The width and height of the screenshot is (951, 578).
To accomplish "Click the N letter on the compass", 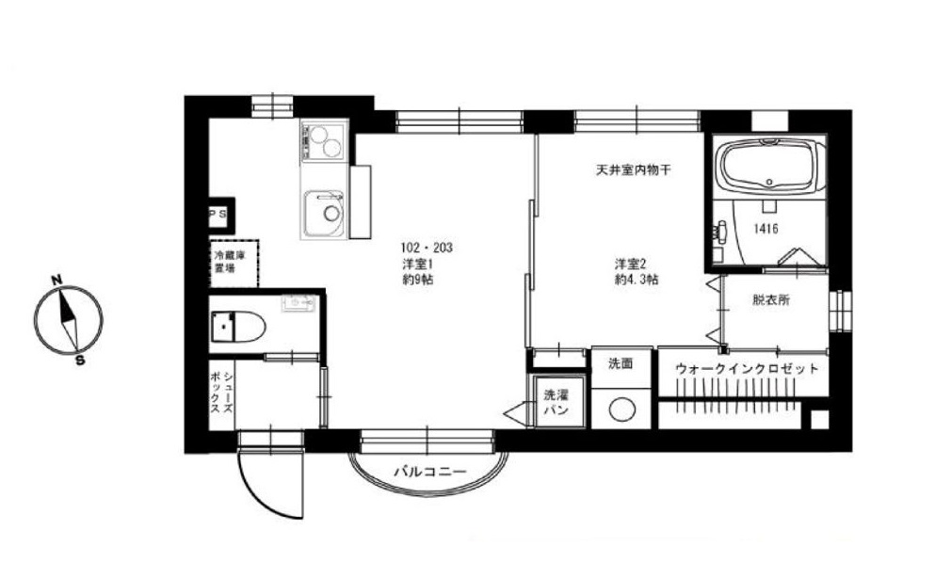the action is pyautogui.click(x=57, y=281).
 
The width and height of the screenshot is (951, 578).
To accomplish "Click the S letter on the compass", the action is pyautogui.click(x=80, y=360).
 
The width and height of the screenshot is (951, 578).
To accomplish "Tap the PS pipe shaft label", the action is pyautogui.click(x=218, y=214).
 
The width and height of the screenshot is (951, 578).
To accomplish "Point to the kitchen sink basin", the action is pyautogui.click(x=324, y=213).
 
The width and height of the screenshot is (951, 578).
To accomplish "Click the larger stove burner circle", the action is pyautogui.click(x=331, y=148).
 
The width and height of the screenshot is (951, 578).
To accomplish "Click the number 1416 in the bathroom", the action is pyautogui.click(x=766, y=229).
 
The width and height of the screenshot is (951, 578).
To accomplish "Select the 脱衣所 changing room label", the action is pyautogui.click(x=771, y=299).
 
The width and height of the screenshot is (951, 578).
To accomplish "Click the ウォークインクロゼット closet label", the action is pyautogui.click(x=747, y=368).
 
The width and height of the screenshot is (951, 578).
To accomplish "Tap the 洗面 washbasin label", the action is pyautogui.click(x=621, y=363).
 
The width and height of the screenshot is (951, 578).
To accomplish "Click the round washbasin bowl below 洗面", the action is pyautogui.click(x=621, y=410).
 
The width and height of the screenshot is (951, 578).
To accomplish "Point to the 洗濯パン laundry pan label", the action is pyautogui.click(x=556, y=402).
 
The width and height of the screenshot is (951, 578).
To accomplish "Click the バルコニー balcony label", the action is pyautogui.click(x=429, y=472).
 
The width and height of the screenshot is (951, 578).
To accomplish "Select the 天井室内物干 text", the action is pyautogui.click(x=633, y=170).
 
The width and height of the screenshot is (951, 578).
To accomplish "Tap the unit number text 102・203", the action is pyautogui.click(x=427, y=248).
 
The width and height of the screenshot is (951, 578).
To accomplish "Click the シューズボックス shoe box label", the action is pyautogui.click(x=221, y=392).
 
